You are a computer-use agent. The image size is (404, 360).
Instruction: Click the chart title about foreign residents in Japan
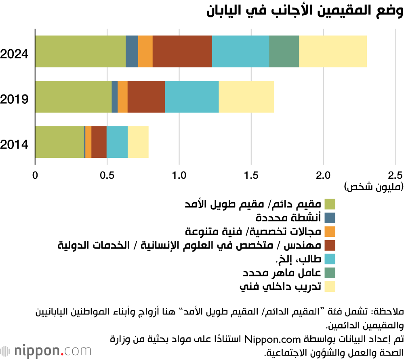coord(305,11)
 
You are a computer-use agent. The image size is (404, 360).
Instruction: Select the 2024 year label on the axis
coord(14,54)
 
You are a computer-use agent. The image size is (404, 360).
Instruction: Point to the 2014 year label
coord(14,144)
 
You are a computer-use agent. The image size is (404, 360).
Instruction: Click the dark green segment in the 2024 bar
coord(284,51)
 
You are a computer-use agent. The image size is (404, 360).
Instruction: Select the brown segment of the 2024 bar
coord(182,51)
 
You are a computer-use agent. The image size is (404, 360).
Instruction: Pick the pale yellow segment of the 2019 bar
coord(246,97)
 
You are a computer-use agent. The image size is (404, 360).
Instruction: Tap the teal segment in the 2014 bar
coord(117,142)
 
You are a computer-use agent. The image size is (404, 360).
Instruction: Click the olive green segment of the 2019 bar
coord(74,97)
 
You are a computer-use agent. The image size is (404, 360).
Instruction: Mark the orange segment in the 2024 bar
coord(145,51)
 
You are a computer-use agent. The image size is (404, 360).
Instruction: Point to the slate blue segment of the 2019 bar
coord(115,97)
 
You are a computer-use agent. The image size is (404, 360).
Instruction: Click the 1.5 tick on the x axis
coord(251,176)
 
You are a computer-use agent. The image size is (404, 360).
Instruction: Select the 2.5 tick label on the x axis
coord(395,176)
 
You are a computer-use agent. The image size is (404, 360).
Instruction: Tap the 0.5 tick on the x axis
coord(107,176)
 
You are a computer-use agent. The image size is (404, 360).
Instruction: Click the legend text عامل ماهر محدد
coord(282,272)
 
